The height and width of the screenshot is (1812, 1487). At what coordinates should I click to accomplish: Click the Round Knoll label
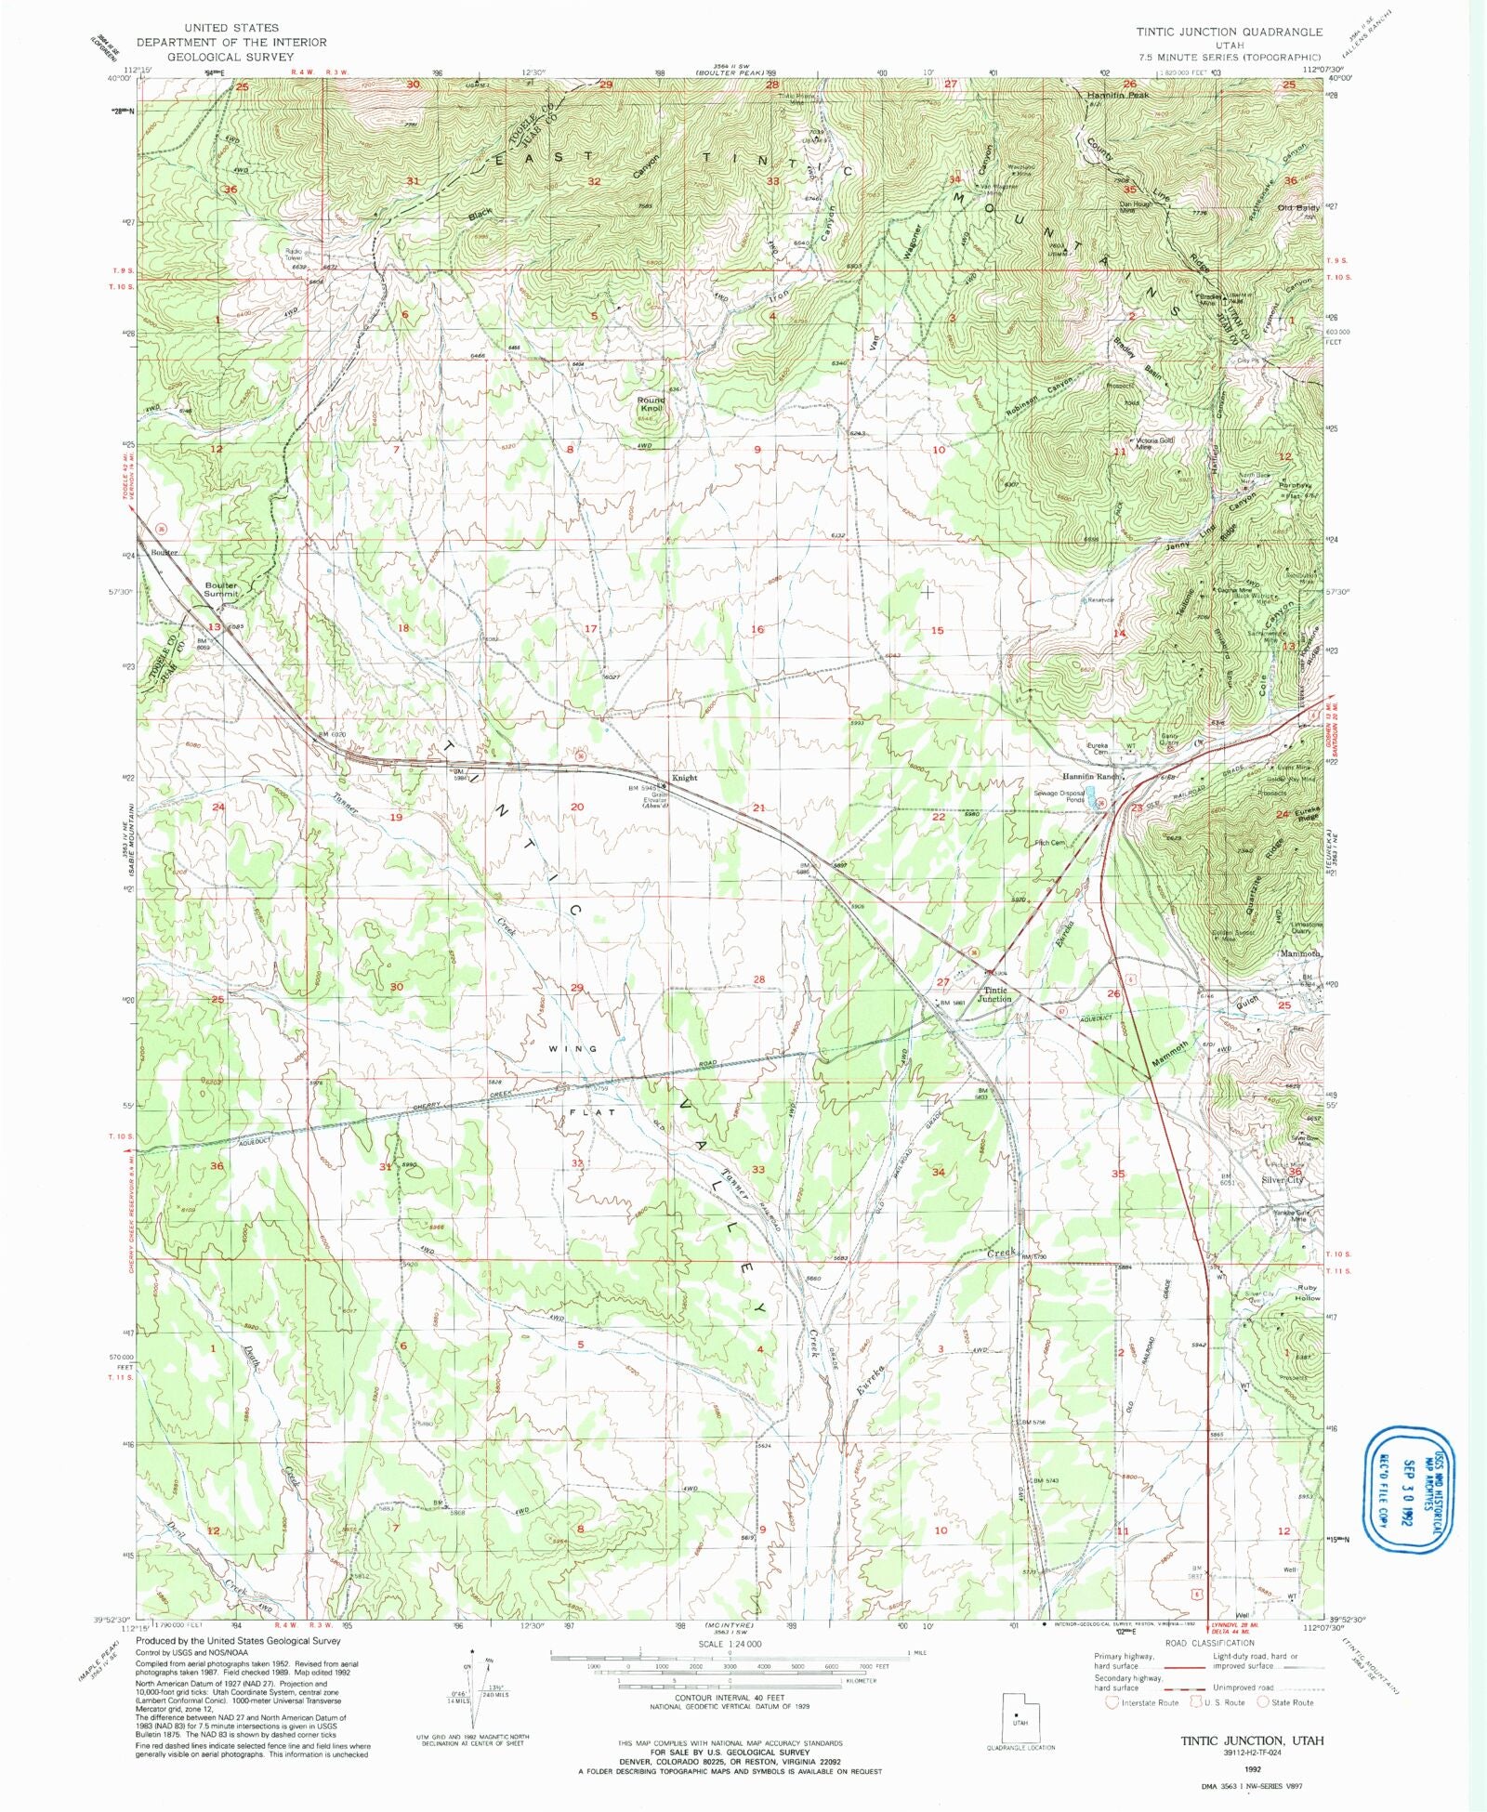click(x=651, y=404)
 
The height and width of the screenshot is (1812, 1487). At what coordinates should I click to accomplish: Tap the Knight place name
click(x=685, y=778)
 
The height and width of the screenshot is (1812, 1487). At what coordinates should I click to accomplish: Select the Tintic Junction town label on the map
click(x=995, y=994)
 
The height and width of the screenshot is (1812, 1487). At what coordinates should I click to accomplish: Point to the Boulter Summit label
click(x=221, y=589)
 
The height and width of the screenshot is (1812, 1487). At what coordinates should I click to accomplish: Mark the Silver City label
click(x=1283, y=1179)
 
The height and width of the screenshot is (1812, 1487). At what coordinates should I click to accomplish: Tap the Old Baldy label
click(x=1298, y=208)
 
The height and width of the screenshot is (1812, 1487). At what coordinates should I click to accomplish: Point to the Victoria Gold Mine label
click(x=1153, y=443)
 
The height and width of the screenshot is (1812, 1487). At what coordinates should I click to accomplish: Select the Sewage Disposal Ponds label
click(x=1059, y=796)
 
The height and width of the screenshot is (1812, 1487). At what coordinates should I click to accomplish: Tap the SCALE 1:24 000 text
click(x=735, y=1643)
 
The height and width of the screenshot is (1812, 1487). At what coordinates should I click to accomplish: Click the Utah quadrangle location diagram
click(x=1020, y=1719)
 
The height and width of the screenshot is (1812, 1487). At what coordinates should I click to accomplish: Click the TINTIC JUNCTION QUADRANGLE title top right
click(x=1229, y=32)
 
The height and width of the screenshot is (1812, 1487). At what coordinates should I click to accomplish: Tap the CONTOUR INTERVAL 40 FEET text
click(x=733, y=1698)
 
